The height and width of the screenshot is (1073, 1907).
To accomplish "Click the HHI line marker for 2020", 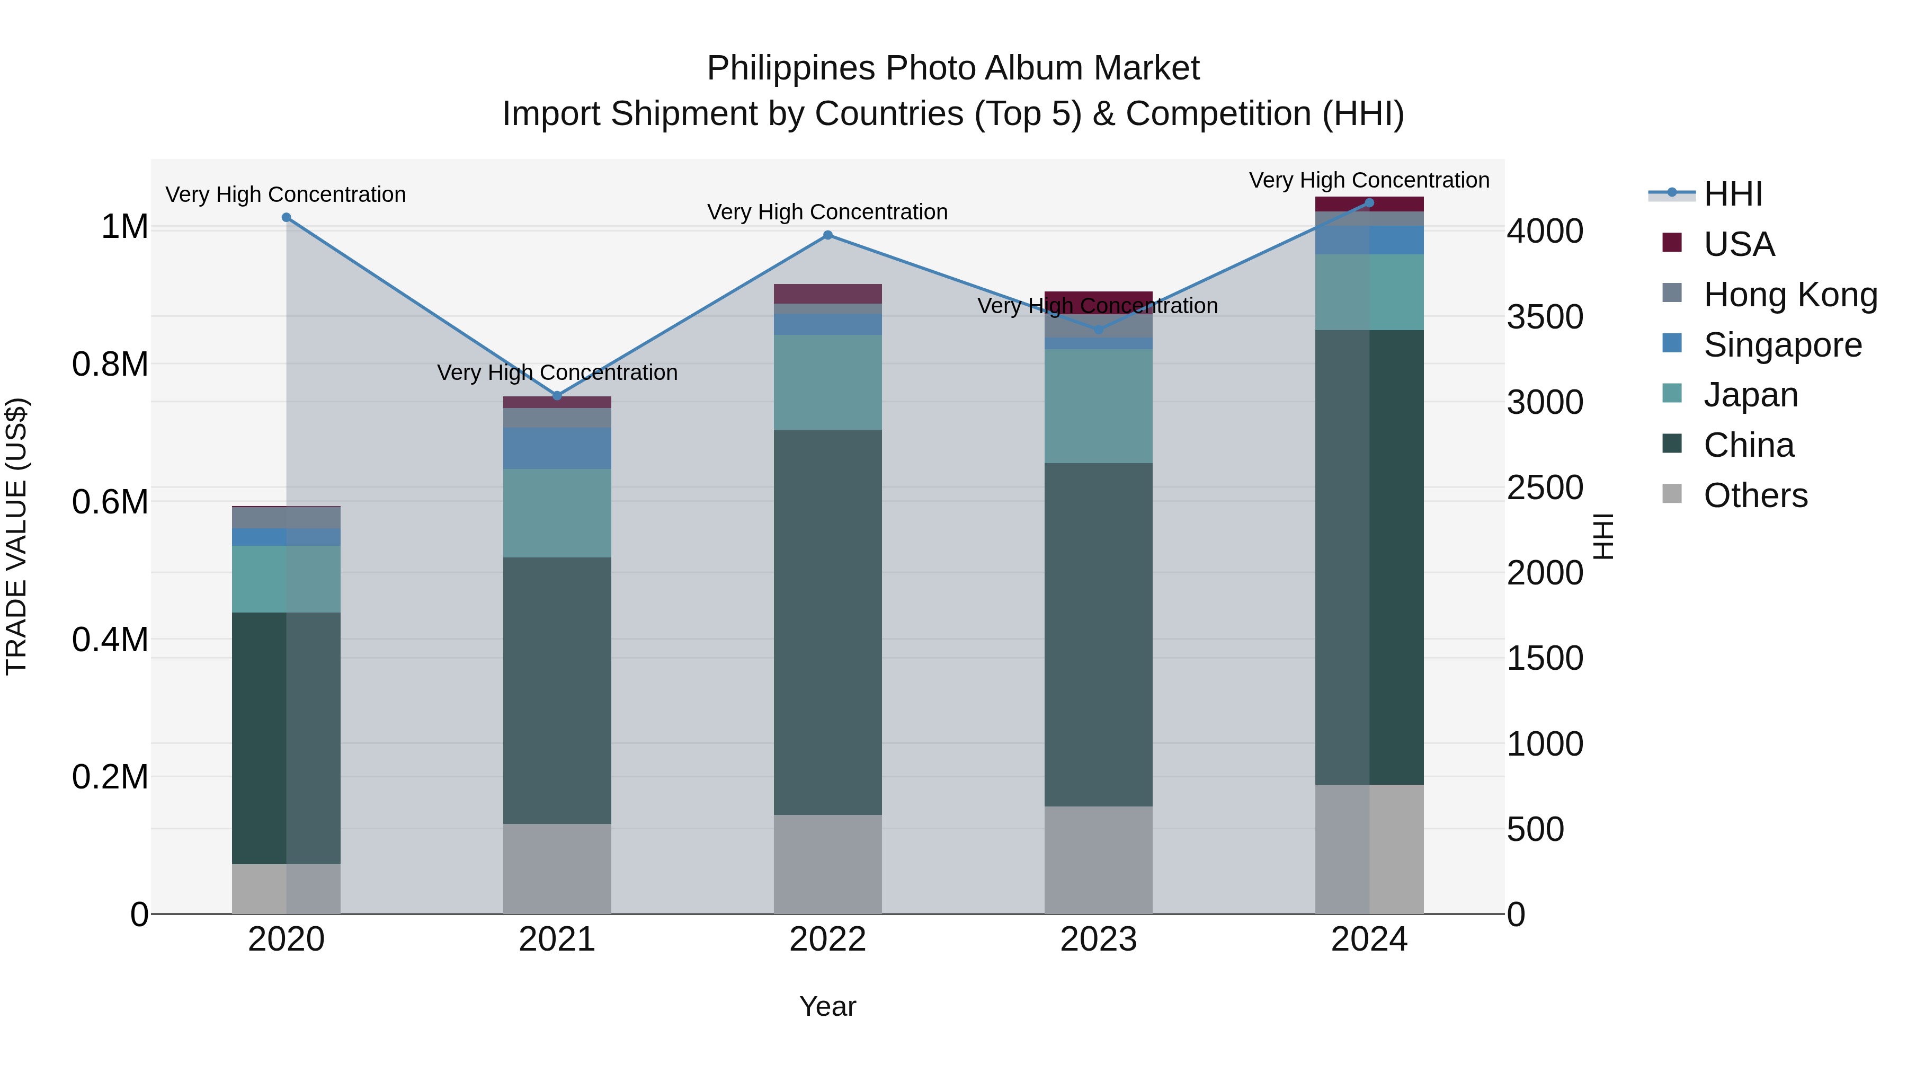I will (287, 218).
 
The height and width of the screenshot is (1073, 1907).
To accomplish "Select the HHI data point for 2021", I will (557, 396).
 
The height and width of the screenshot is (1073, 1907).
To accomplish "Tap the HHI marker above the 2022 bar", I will (827, 235).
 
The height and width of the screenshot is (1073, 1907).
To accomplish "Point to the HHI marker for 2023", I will (1099, 330).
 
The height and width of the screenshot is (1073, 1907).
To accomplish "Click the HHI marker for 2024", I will (1369, 203).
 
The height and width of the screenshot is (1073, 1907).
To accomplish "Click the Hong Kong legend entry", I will (1789, 295).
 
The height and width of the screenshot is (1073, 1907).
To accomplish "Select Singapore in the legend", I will (1782, 345).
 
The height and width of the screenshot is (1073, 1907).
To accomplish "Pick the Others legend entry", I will (1755, 495).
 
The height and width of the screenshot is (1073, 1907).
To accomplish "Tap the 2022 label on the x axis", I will (827, 939).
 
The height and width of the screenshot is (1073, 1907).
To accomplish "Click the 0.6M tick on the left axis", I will (110, 502).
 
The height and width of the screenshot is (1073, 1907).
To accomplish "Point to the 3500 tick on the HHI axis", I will (1545, 317).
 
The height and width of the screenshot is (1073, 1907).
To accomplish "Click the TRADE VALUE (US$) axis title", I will (16, 536).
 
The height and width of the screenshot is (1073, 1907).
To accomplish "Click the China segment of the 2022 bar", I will (827, 622).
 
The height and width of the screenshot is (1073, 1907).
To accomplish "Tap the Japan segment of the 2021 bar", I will (557, 513).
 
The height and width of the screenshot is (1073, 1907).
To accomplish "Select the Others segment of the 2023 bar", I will (1099, 860).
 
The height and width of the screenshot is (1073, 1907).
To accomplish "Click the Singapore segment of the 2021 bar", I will (557, 448).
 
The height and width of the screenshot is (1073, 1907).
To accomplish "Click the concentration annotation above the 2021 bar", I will (557, 373).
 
